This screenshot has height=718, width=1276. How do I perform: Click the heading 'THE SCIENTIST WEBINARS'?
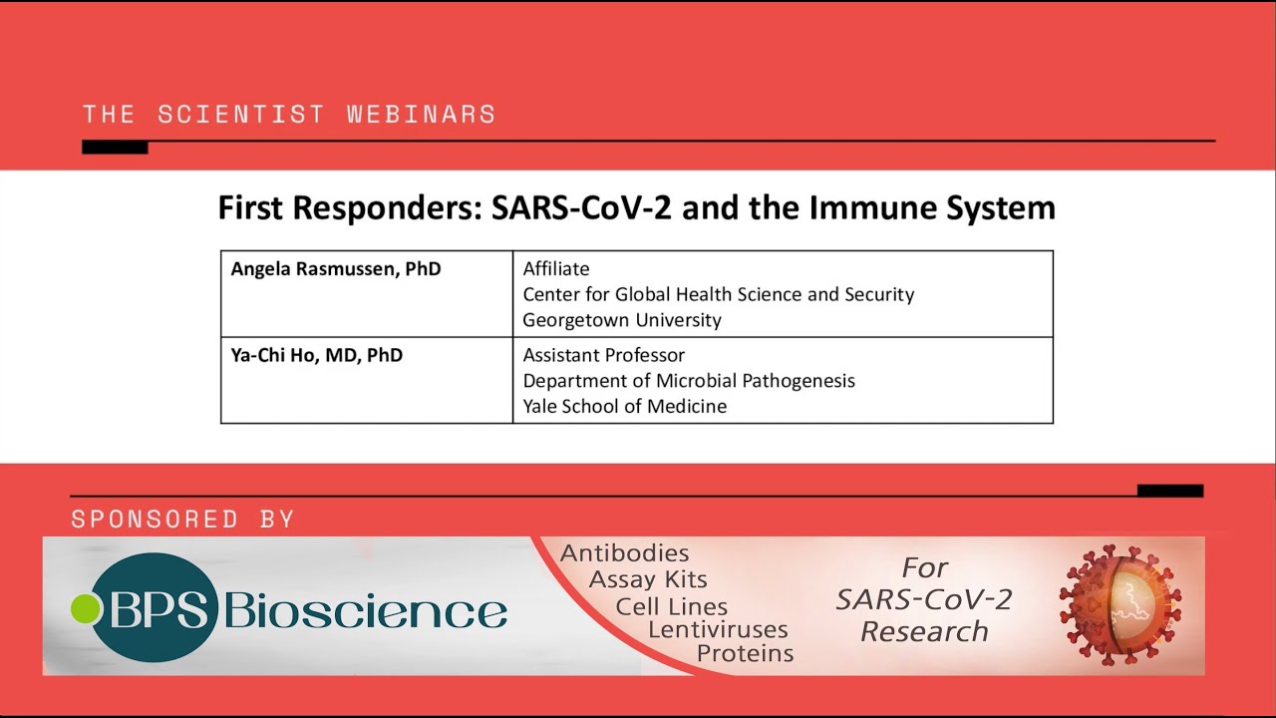(x=289, y=114)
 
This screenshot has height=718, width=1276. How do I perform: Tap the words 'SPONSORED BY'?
(x=182, y=519)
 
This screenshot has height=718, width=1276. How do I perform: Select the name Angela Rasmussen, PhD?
(x=336, y=269)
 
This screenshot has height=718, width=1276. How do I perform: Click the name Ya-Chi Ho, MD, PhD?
(x=317, y=355)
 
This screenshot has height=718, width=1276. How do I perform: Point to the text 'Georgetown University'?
(x=622, y=320)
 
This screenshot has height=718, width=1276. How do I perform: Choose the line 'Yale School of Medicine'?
(x=625, y=406)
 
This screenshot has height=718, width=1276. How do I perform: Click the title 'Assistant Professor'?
(x=604, y=355)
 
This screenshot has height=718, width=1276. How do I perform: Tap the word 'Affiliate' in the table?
(x=556, y=269)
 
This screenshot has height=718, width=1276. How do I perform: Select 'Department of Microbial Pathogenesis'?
(x=689, y=381)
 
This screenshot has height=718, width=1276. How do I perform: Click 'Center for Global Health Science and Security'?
(x=719, y=294)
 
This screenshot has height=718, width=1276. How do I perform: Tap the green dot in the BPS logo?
(x=86, y=609)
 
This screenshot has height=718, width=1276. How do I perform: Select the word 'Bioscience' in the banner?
(x=366, y=610)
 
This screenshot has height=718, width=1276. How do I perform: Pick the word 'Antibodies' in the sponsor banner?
(x=625, y=553)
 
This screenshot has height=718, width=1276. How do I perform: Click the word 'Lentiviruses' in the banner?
(x=718, y=629)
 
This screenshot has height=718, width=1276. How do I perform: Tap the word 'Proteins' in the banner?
(x=745, y=654)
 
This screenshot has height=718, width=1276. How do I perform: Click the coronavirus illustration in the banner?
(x=1119, y=605)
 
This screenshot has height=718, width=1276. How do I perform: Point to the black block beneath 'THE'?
(x=115, y=148)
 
